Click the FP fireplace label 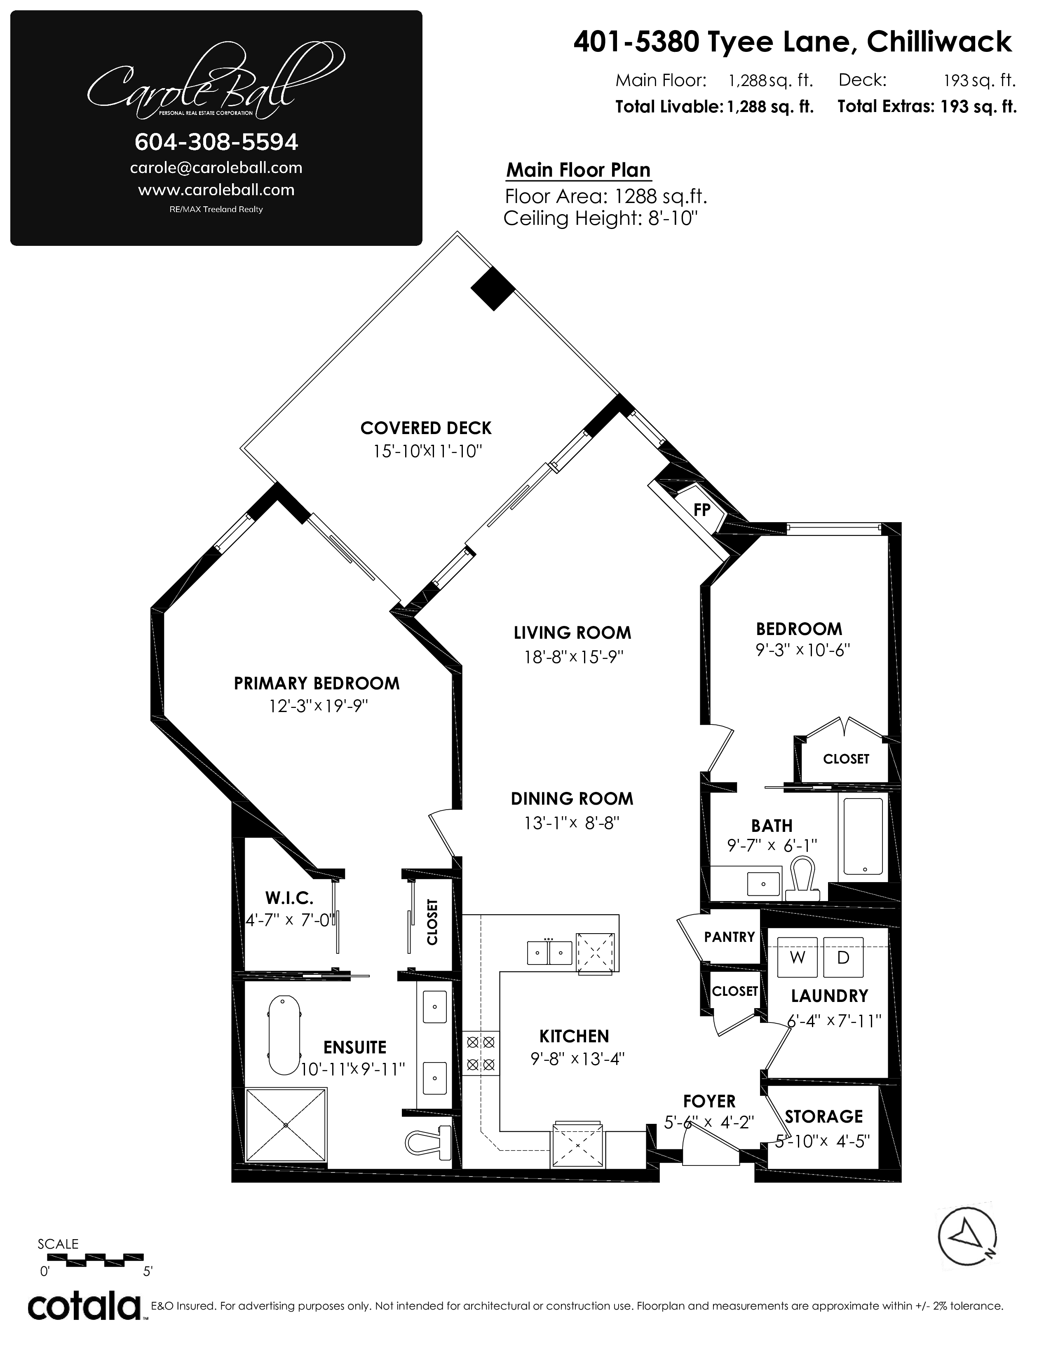point(702,510)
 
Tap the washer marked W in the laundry point(798,957)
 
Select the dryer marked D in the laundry point(844,957)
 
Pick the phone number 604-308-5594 point(217,142)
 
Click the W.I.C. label point(289,898)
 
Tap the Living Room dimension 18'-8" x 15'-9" point(573,656)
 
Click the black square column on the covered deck point(493,288)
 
